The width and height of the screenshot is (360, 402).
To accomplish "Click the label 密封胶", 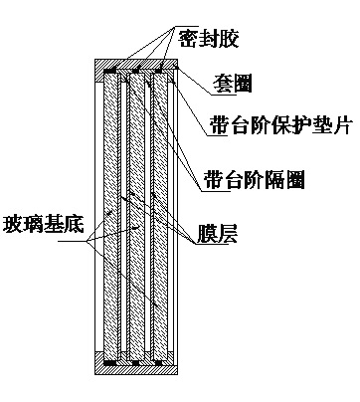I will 211,37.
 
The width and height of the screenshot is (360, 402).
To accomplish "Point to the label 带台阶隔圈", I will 254,179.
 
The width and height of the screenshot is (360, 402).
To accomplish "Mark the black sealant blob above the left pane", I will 110,71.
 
